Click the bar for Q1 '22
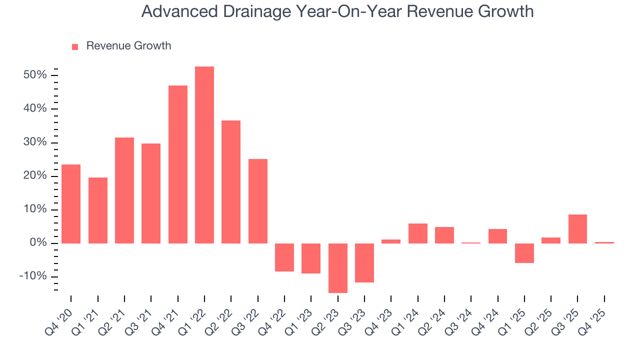204,155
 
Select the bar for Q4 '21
178,164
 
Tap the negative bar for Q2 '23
338,268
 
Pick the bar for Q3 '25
577,229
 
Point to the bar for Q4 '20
71,204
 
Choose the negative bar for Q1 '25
524,253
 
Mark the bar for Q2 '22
231,182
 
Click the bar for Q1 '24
417,233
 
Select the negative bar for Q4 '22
284,257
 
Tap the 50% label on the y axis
34,75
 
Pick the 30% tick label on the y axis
34,142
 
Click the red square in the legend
75,46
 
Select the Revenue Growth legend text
128,46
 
